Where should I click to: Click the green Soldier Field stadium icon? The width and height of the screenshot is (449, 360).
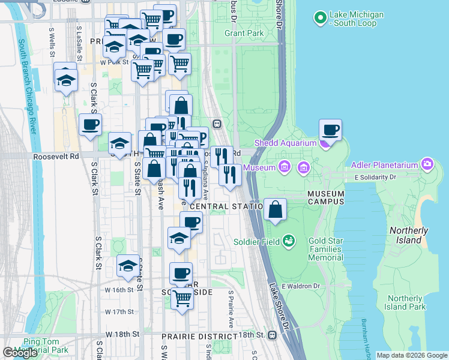point(289,241)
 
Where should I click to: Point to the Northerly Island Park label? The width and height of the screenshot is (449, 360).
point(405,302)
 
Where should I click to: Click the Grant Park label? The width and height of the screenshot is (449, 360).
point(244,33)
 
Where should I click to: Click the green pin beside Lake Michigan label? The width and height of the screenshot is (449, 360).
point(320,19)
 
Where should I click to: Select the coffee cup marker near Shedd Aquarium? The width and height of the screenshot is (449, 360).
point(330,130)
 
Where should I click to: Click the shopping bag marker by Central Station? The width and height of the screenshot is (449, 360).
point(275,210)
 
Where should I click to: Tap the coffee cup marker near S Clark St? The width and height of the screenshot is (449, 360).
point(90,125)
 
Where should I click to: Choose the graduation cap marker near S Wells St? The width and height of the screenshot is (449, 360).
point(66,79)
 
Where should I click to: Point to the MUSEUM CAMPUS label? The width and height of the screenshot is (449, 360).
point(326,198)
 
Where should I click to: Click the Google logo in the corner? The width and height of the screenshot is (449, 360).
point(20,353)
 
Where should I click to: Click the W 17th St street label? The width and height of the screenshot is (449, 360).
point(118,312)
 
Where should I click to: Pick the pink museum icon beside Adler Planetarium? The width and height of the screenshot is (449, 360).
point(427,163)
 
